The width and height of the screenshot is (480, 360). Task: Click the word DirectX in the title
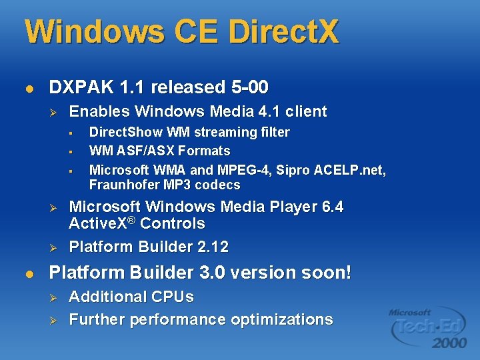pos(283,32)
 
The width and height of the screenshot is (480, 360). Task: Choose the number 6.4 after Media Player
pos(330,207)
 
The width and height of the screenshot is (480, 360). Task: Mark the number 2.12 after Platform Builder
pos(213,247)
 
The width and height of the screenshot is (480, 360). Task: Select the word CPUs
pos(171,297)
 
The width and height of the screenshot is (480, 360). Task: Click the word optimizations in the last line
pos(282,320)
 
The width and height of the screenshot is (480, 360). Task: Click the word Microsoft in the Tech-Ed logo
pos(410,312)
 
